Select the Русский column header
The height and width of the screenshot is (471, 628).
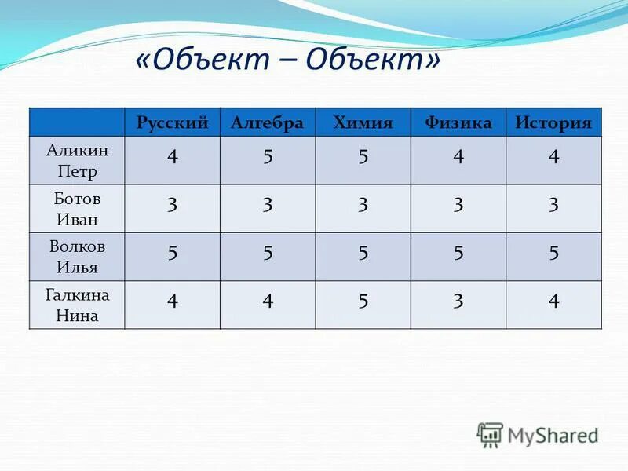pyautogui.click(x=172, y=122)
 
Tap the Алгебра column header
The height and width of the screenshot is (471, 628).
pyautogui.click(x=268, y=122)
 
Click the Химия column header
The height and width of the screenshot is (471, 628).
pyautogui.click(x=363, y=122)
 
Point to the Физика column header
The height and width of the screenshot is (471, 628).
pyautogui.click(x=458, y=122)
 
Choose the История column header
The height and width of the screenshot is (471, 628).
pyautogui.click(x=553, y=122)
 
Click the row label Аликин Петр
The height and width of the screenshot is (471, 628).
pyautogui.click(x=77, y=161)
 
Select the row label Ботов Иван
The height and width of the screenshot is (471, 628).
pyautogui.click(x=77, y=209)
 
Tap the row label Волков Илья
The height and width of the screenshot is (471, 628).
pyautogui.click(x=77, y=257)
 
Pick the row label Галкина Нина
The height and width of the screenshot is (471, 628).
pyautogui.click(x=77, y=305)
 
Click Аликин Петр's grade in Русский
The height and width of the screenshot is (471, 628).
pyautogui.click(x=172, y=157)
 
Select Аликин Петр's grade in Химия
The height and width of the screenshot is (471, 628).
pyautogui.click(x=363, y=157)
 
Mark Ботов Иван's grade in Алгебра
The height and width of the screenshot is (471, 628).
pyautogui.click(x=268, y=206)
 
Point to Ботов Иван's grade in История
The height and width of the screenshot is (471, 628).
pyautogui.click(x=553, y=206)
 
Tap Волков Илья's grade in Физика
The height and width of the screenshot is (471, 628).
pyautogui.click(x=458, y=254)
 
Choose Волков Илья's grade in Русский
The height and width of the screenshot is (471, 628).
pyautogui.click(x=172, y=254)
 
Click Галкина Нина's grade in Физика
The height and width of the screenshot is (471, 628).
pyautogui.click(x=458, y=301)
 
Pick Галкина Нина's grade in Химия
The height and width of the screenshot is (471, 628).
pyautogui.click(x=363, y=301)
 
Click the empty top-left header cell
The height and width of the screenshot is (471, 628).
pyautogui.click(x=77, y=122)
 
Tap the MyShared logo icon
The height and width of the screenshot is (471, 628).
pyautogui.click(x=490, y=434)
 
